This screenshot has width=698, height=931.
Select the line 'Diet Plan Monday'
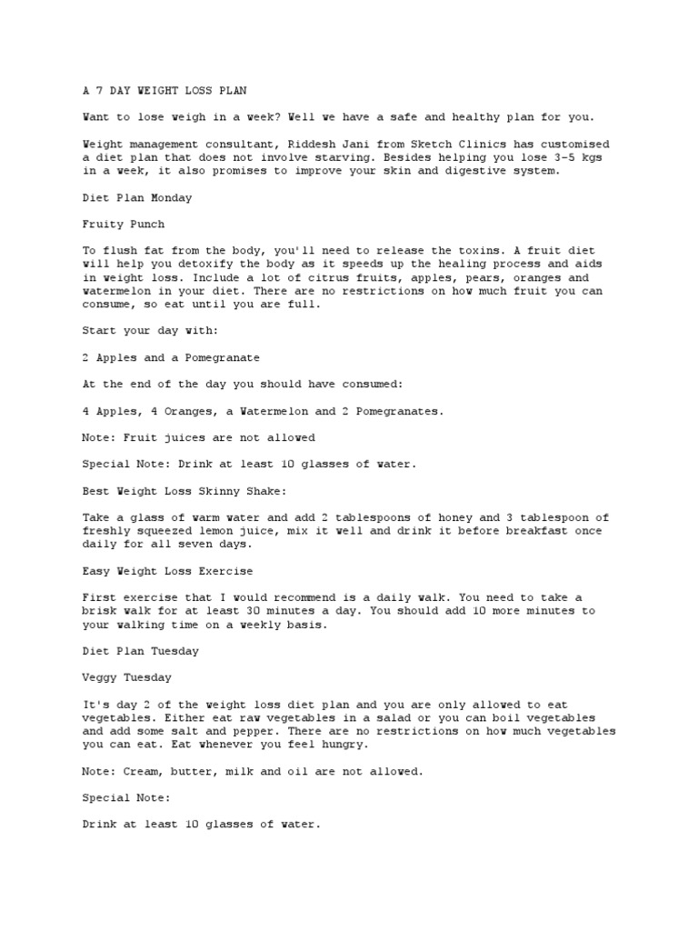coord(136,196)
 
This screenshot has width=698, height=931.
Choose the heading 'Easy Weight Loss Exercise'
coord(167,571)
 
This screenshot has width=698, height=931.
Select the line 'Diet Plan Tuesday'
coord(140,651)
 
